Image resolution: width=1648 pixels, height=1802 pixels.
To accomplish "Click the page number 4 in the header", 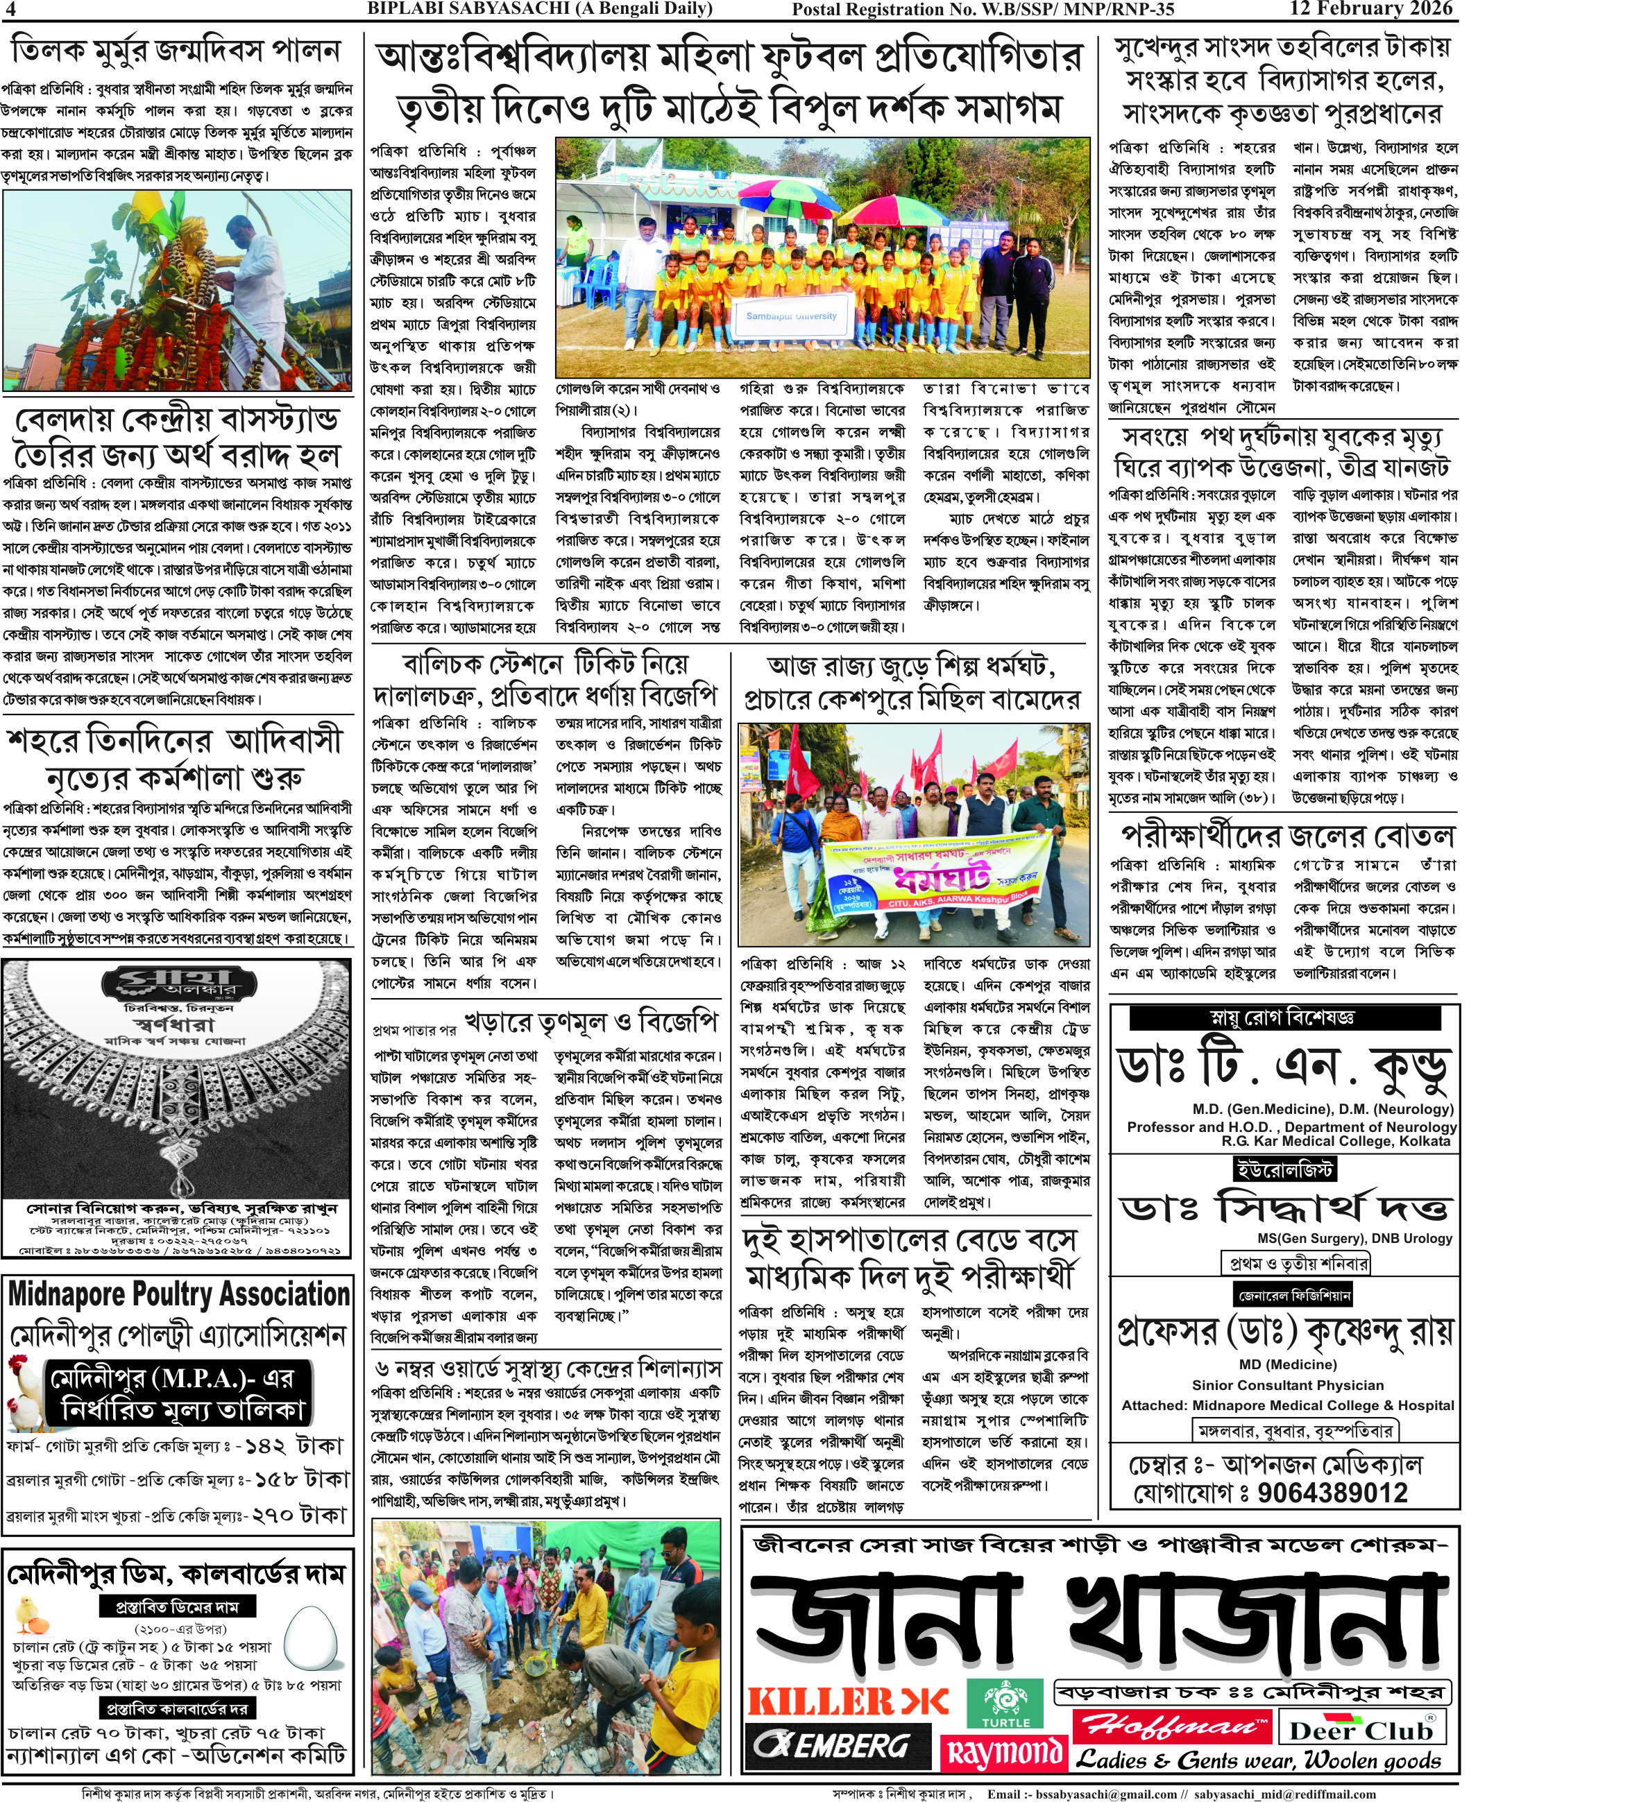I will [x=10, y=10].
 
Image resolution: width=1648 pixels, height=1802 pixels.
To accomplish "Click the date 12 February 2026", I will [x=1372, y=9].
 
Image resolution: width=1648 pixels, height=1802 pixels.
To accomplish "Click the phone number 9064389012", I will [x=1332, y=1493].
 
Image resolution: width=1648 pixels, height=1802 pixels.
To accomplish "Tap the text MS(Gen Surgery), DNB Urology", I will [x=1354, y=1238].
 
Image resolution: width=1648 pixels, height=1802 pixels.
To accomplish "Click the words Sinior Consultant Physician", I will [x=1288, y=1384].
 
